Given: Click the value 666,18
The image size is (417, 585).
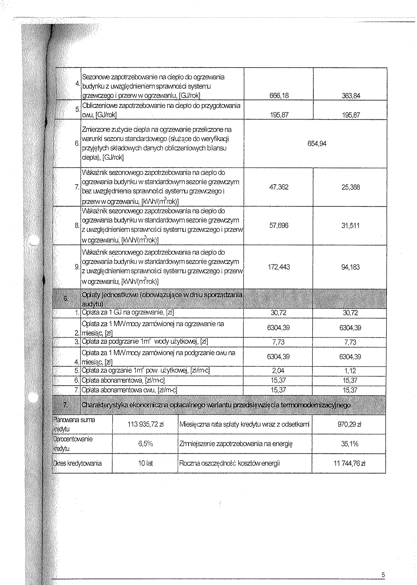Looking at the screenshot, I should (279, 95).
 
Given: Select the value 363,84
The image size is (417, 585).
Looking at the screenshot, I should (351, 96).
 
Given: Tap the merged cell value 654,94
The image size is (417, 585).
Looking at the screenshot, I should (317, 144).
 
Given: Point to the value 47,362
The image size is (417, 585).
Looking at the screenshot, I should (279, 187).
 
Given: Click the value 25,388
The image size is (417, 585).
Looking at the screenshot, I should (351, 187).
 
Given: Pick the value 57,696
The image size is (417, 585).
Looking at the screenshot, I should (279, 226).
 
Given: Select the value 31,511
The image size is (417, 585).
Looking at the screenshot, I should (351, 226).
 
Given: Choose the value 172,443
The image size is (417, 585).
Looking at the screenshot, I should (279, 267).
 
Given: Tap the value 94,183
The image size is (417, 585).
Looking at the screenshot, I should (351, 267).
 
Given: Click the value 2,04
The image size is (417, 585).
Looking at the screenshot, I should (278, 370).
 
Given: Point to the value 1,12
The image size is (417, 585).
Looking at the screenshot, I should (350, 371).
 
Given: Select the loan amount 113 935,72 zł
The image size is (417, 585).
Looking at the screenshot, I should (145, 425).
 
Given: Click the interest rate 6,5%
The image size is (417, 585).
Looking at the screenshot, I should (145, 444).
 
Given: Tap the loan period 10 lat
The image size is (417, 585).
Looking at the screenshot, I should (145, 463).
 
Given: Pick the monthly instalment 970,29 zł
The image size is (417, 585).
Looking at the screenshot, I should (349, 425).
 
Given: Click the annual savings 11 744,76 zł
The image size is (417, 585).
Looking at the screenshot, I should (349, 463).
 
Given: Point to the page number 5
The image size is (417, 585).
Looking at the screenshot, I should (383, 575).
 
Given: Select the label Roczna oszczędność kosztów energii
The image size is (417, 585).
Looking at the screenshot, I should (229, 463).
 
